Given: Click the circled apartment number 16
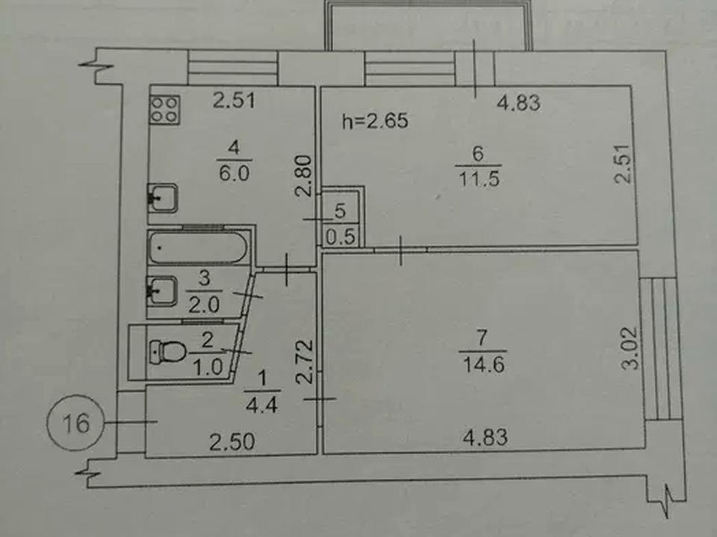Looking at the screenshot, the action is click(x=76, y=423).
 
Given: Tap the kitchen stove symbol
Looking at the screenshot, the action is click(x=164, y=110).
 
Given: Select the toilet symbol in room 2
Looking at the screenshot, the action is click(x=167, y=351).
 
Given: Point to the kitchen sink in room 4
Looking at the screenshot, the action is click(x=162, y=198).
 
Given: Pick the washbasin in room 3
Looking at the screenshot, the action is click(x=162, y=291).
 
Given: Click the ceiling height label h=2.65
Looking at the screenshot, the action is click(x=375, y=122).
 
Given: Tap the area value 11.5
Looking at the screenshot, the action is click(x=479, y=179).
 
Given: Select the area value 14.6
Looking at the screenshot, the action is click(x=484, y=365).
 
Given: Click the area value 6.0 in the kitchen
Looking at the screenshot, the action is click(x=234, y=174).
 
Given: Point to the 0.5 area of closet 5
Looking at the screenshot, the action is click(x=341, y=236).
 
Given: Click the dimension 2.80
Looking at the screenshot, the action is click(x=304, y=176).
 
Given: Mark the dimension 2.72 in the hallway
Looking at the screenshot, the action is click(x=305, y=361).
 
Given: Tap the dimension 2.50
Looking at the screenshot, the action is click(x=232, y=442).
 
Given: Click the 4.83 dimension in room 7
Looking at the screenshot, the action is click(x=485, y=438).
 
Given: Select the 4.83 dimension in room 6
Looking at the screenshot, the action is click(x=518, y=103).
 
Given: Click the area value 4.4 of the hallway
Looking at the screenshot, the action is click(x=261, y=405).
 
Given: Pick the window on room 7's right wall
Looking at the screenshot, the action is click(x=659, y=349).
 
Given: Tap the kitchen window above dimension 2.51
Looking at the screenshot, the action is click(x=233, y=68).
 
